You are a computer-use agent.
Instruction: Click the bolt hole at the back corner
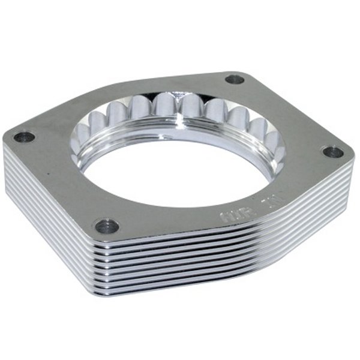point(235,79)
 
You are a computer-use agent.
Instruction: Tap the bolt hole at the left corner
point(25,137)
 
